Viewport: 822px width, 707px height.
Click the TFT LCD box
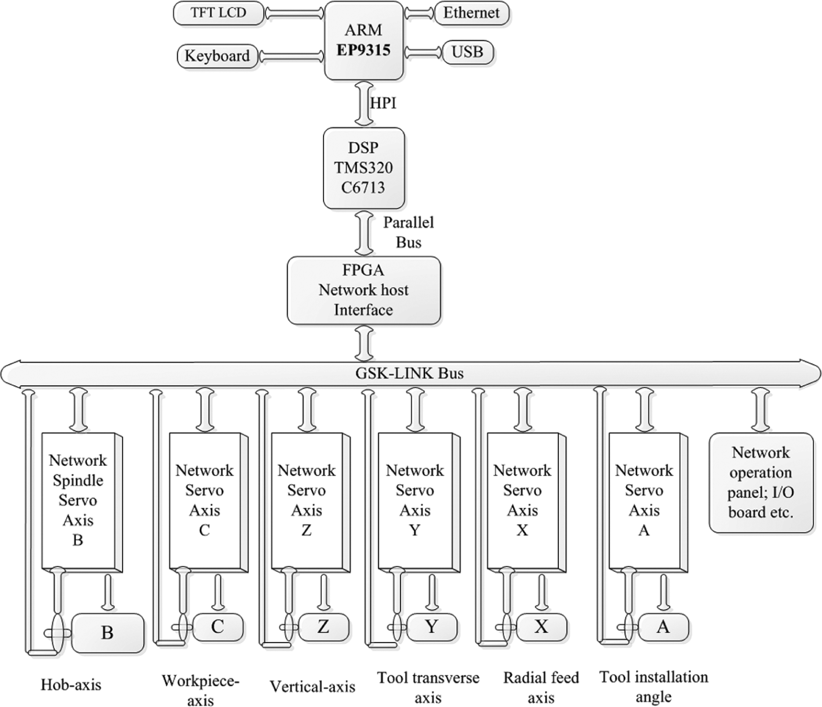[219, 13]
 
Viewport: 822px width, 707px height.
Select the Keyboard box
[217, 56]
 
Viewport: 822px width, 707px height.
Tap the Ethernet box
[472, 13]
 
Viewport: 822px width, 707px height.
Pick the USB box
[468, 52]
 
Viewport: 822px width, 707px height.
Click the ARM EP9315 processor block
[364, 40]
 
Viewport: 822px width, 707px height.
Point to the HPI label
[383, 103]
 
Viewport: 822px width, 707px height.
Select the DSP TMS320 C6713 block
[364, 168]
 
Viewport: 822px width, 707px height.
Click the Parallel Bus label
[409, 233]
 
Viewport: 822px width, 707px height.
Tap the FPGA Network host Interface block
[364, 290]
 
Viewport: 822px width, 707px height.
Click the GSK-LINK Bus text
[410, 374]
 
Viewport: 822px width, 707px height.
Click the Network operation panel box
[761, 483]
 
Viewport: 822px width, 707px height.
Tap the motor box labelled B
[107, 633]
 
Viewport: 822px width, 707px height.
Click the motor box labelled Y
[432, 627]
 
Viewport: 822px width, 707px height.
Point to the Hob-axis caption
[71, 685]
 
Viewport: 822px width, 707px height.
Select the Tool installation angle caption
[654, 687]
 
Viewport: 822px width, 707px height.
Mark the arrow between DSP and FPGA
[364, 233]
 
